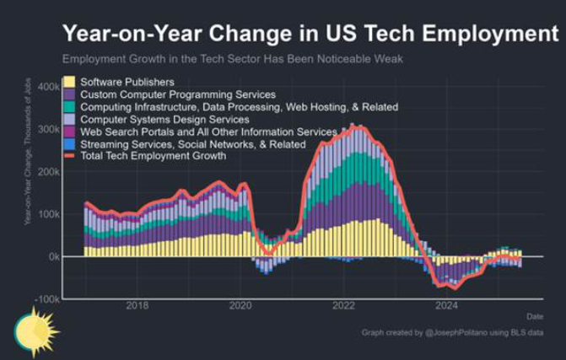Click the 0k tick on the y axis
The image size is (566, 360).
click(x=51, y=256)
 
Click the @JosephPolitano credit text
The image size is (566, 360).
click(x=456, y=333)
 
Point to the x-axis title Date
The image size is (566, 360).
click(x=535, y=316)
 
